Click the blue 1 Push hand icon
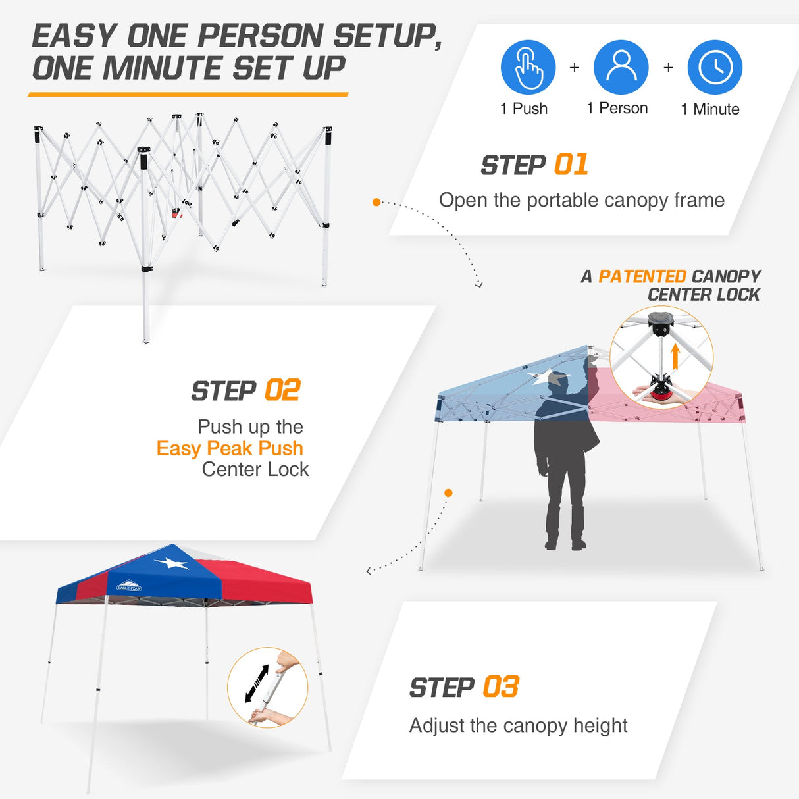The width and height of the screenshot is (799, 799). click(x=528, y=67)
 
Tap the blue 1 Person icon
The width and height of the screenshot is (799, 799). click(x=621, y=67)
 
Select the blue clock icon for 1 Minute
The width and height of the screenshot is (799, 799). click(x=715, y=67)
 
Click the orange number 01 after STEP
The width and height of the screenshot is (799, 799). click(x=571, y=165)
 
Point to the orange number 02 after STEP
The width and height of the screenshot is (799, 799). click(x=282, y=391)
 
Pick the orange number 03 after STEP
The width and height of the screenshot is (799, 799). click(x=501, y=687)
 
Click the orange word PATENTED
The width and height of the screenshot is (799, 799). click(x=642, y=276)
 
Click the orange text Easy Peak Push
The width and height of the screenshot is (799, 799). click(x=230, y=448)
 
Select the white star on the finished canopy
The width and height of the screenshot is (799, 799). click(x=171, y=563)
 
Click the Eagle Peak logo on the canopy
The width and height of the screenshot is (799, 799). click(x=128, y=586)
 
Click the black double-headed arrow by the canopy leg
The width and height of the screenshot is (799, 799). click(x=257, y=683)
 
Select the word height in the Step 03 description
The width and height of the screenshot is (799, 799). click(x=600, y=725)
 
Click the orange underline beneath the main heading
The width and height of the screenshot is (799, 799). click(x=188, y=95)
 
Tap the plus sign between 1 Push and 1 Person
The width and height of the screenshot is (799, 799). click(x=575, y=67)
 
